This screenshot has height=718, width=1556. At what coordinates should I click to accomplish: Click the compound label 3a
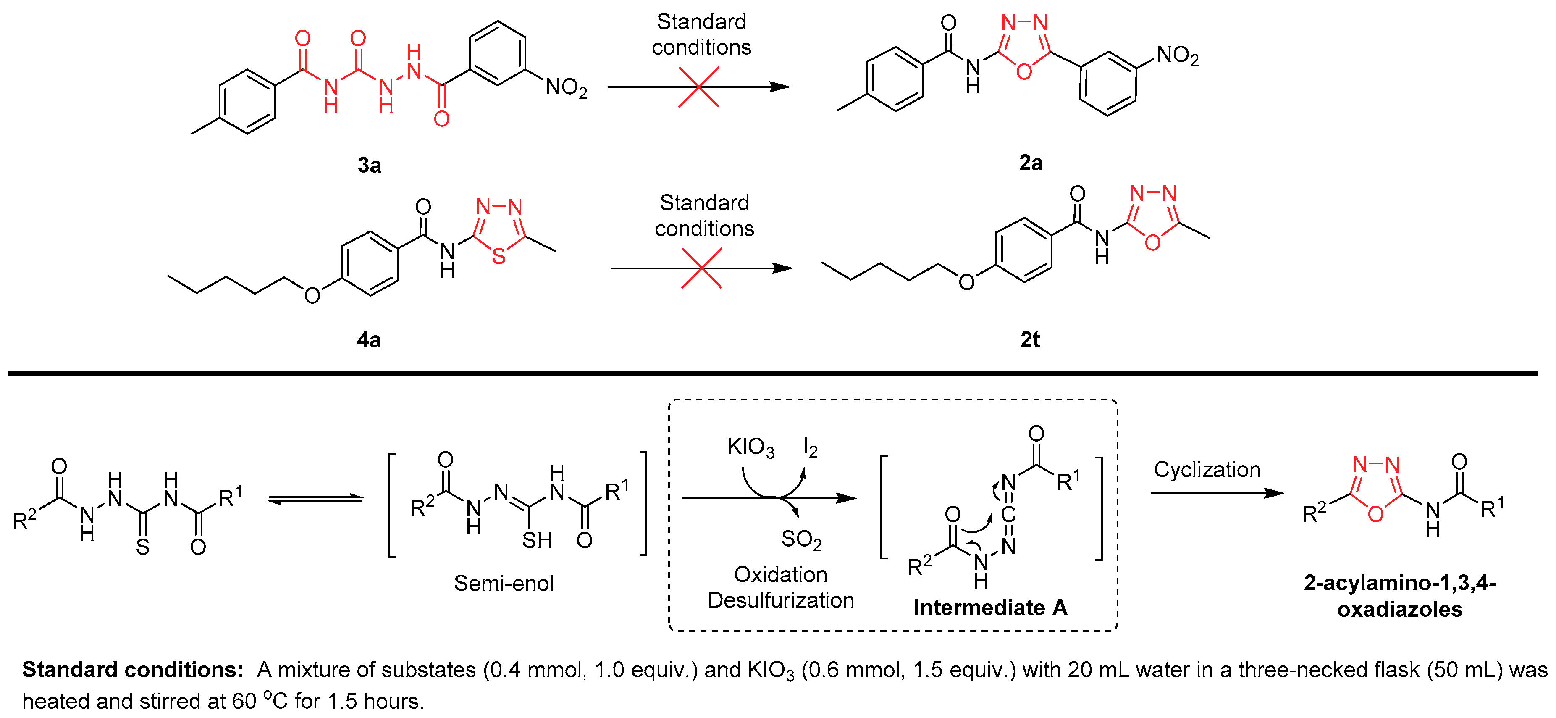click(x=369, y=165)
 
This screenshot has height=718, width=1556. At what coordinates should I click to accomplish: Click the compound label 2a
click(x=1031, y=163)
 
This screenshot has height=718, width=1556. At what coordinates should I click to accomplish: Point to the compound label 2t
click(x=1030, y=339)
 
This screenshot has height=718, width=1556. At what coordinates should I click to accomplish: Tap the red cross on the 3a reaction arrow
click(x=699, y=87)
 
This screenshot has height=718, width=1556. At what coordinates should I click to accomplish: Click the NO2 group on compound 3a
click(x=566, y=88)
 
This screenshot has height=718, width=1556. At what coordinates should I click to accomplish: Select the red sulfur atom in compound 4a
click(x=499, y=256)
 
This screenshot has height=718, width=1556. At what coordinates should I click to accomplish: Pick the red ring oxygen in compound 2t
click(x=1152, y=243)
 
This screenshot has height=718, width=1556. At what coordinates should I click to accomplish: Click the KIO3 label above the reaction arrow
click(x=750, y=447)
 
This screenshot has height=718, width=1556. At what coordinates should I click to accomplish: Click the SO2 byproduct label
click(x=801, y=539)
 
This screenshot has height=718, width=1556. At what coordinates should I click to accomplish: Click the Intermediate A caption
click(x=990, y=608)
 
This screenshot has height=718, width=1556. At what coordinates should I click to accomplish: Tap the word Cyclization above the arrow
click(x=1207, y=470)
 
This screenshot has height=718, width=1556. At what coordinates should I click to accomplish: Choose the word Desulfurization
click(x=780, y=600)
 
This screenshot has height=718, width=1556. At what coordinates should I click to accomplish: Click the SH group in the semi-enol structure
click(x=537, y=540)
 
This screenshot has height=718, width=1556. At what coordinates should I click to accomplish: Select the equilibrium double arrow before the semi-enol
click(x=315, y=499)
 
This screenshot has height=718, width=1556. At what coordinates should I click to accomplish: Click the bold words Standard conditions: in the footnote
click(x=132, y=670)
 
